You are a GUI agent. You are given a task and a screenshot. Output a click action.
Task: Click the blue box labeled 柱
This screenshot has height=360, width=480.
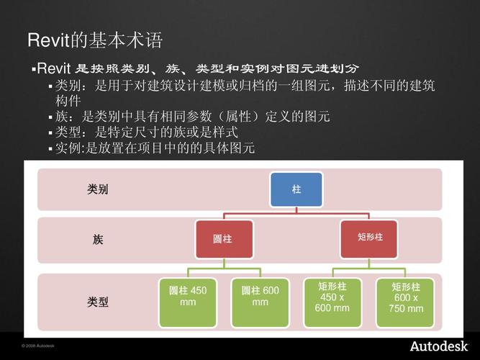coord(296,189)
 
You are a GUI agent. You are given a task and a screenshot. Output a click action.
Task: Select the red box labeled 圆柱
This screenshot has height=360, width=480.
coord(223,239)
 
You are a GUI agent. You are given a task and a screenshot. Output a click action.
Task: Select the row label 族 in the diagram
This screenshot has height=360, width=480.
coord(98,239)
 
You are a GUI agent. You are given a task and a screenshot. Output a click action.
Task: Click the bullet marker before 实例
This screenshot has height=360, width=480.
coord(50,149)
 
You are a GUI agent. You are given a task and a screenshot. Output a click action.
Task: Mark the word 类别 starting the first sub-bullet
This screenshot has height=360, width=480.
coord(68,86)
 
